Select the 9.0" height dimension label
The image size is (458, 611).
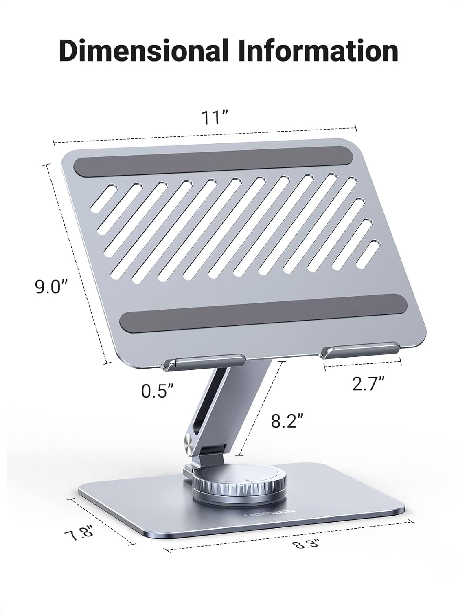50,287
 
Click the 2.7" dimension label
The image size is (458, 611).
368,384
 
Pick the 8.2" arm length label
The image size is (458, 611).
287,421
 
